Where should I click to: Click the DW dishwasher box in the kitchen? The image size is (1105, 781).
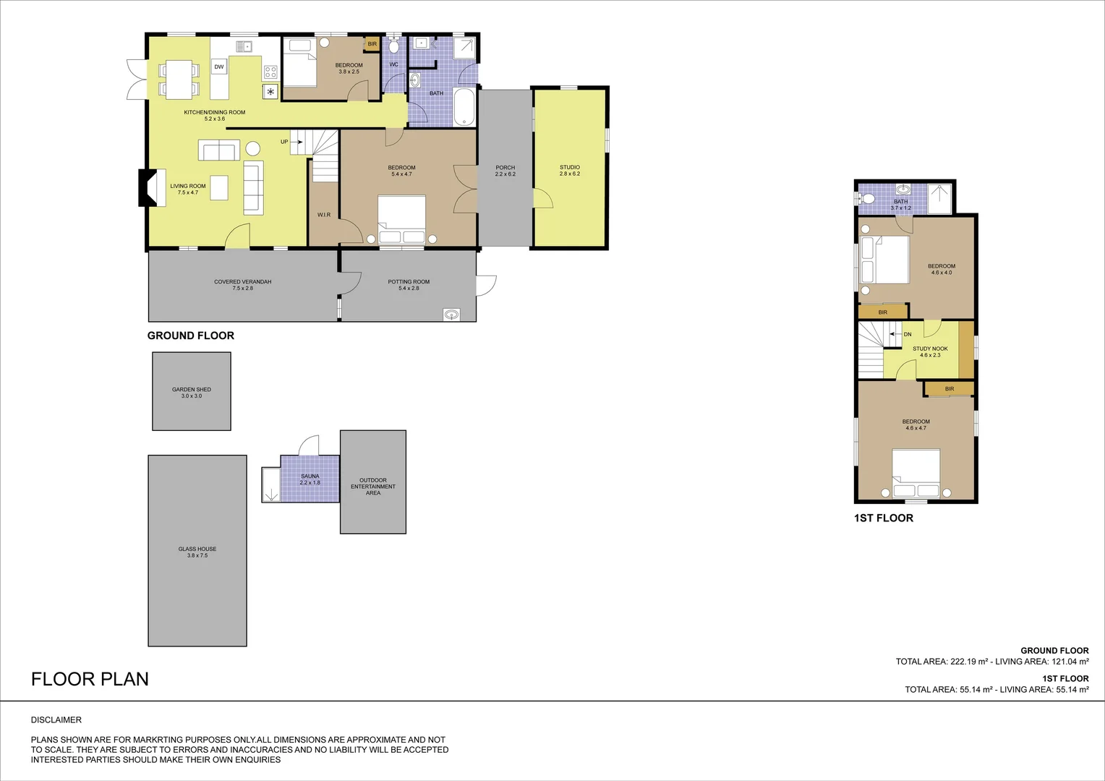coord(219,67)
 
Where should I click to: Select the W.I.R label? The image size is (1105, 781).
coord(324,215)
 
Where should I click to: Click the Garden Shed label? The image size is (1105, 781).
coord(192,389)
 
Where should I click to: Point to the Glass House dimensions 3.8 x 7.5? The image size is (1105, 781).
coord(197,555)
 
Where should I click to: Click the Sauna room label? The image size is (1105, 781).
coord(310,477)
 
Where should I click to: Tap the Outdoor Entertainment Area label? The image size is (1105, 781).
coord(373,486)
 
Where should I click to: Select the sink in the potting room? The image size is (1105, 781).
coord(452,314)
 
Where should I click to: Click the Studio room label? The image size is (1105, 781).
coord(570,167)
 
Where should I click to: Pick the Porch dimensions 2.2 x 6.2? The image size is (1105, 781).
coord(505,174)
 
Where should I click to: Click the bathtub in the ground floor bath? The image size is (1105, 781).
coord(464,106)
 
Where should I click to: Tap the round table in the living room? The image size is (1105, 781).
coord(252,149)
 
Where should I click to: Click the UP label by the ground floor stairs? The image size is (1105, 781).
coord(284,142)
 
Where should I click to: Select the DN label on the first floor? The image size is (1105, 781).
coord(908,334)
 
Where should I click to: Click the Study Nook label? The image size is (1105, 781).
coord(930,349)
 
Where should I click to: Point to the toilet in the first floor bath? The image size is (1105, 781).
coord(867,198)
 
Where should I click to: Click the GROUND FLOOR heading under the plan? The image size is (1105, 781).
coord(191,336)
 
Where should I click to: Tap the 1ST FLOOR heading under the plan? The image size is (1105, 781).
coord(884,518)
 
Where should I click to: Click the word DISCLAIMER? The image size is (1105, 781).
coord(56,720)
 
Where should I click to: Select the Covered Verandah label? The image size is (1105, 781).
coord(243,281)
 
